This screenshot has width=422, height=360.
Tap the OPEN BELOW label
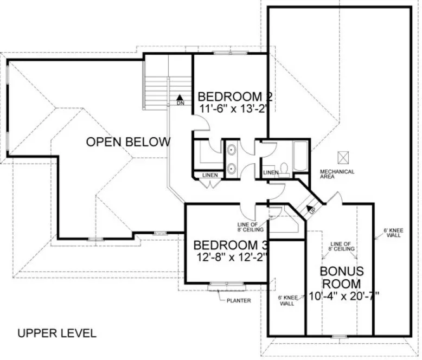click(x=128, y=142)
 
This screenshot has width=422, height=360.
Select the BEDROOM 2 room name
click(x=234, y=97)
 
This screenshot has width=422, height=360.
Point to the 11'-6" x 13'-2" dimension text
click(x=234, y=108)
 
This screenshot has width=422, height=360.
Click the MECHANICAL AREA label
click(x=336, y=174)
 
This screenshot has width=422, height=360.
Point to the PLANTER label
click(x=239, y=301)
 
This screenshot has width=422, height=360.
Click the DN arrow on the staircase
click(x=180, y=99)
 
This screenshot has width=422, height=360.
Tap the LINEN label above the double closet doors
click(x=209, y=176)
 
